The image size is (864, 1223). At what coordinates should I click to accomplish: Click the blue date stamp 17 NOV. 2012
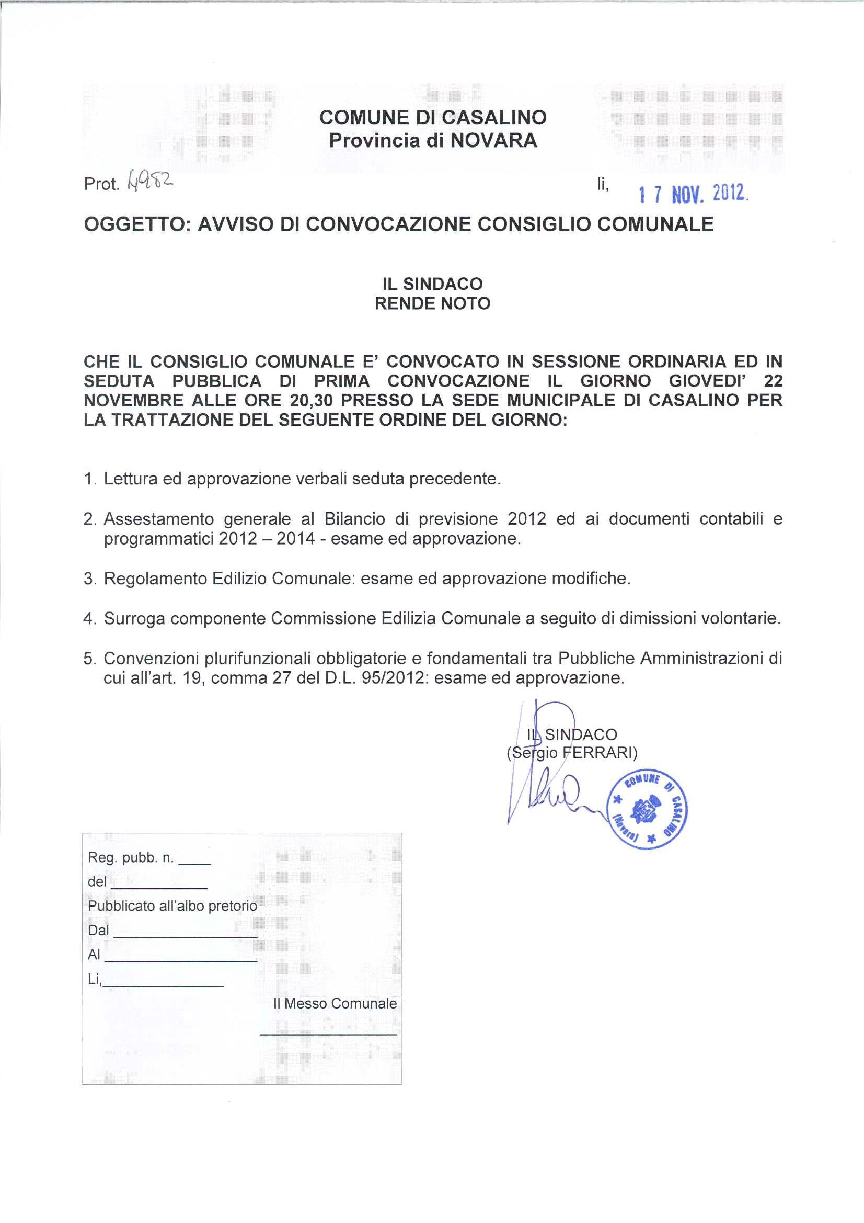(693, 195)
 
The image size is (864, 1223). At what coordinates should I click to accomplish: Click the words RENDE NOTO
(432, 303)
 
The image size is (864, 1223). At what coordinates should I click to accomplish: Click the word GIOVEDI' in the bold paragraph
(705, 381)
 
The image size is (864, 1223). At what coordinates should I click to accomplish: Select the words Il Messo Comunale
(335, 1003)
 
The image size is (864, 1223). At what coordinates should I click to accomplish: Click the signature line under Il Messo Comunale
(328, 1035)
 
